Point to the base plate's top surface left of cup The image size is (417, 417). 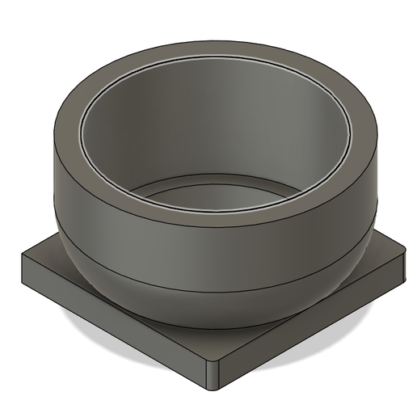[48, 260]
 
